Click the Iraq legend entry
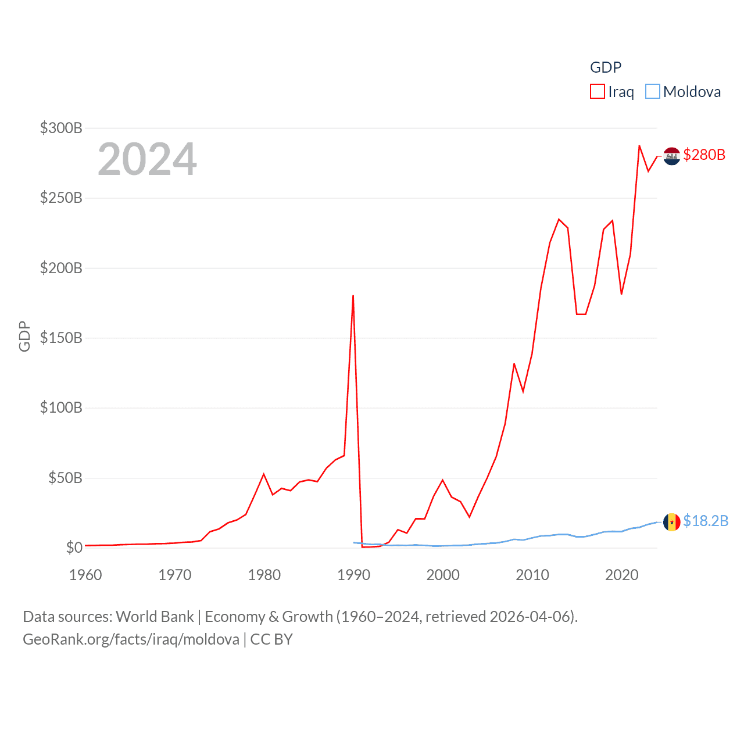[612, 92]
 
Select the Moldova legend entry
[684, 92]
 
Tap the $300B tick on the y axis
[61, 128]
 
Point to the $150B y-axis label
[61, 338]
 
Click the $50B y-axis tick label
[65, 478]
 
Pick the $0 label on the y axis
[74, 548]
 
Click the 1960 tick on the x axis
[85, 575]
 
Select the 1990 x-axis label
[353, 575]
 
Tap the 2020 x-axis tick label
[621, 575]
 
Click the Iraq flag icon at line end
[672, 156]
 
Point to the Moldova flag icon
[672, 522]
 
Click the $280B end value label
[704, 155]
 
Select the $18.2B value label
[706, 521]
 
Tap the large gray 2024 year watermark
[147, 159]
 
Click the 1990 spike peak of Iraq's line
[353, 296]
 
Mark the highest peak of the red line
[639, 146]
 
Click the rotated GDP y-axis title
[24, 336]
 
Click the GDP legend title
[606, 67]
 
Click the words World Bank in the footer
[155, 616]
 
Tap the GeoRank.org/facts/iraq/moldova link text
[131, 639]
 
